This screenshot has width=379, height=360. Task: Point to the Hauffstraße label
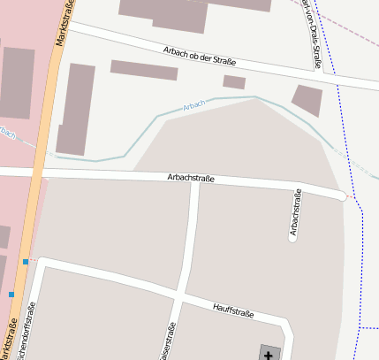(x=233, y=310)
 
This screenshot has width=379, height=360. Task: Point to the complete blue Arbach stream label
(x=193, y=105)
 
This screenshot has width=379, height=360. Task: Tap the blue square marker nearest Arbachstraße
(x=26, y=262)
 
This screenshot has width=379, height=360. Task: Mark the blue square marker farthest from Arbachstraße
(x=11, y=294)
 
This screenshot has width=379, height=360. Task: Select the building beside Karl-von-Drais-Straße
(x=307, y=100)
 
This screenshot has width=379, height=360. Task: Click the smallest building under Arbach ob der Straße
(x=234, y=82)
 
